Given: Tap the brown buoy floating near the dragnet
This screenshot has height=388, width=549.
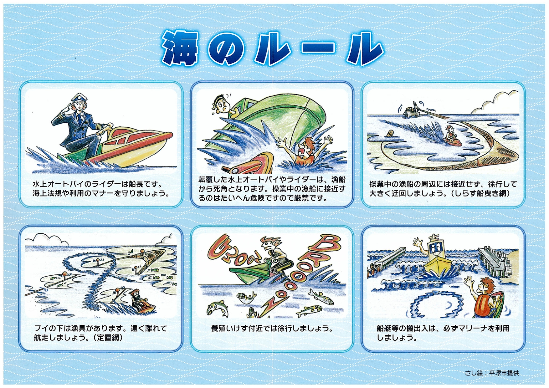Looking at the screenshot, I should tap(391, 133).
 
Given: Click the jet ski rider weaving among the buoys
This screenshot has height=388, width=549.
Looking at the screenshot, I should tap(136, 299).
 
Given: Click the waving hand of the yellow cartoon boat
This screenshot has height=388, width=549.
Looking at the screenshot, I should tap(417, 242).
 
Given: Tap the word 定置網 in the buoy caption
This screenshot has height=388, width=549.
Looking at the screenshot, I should tap(108, 338).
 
